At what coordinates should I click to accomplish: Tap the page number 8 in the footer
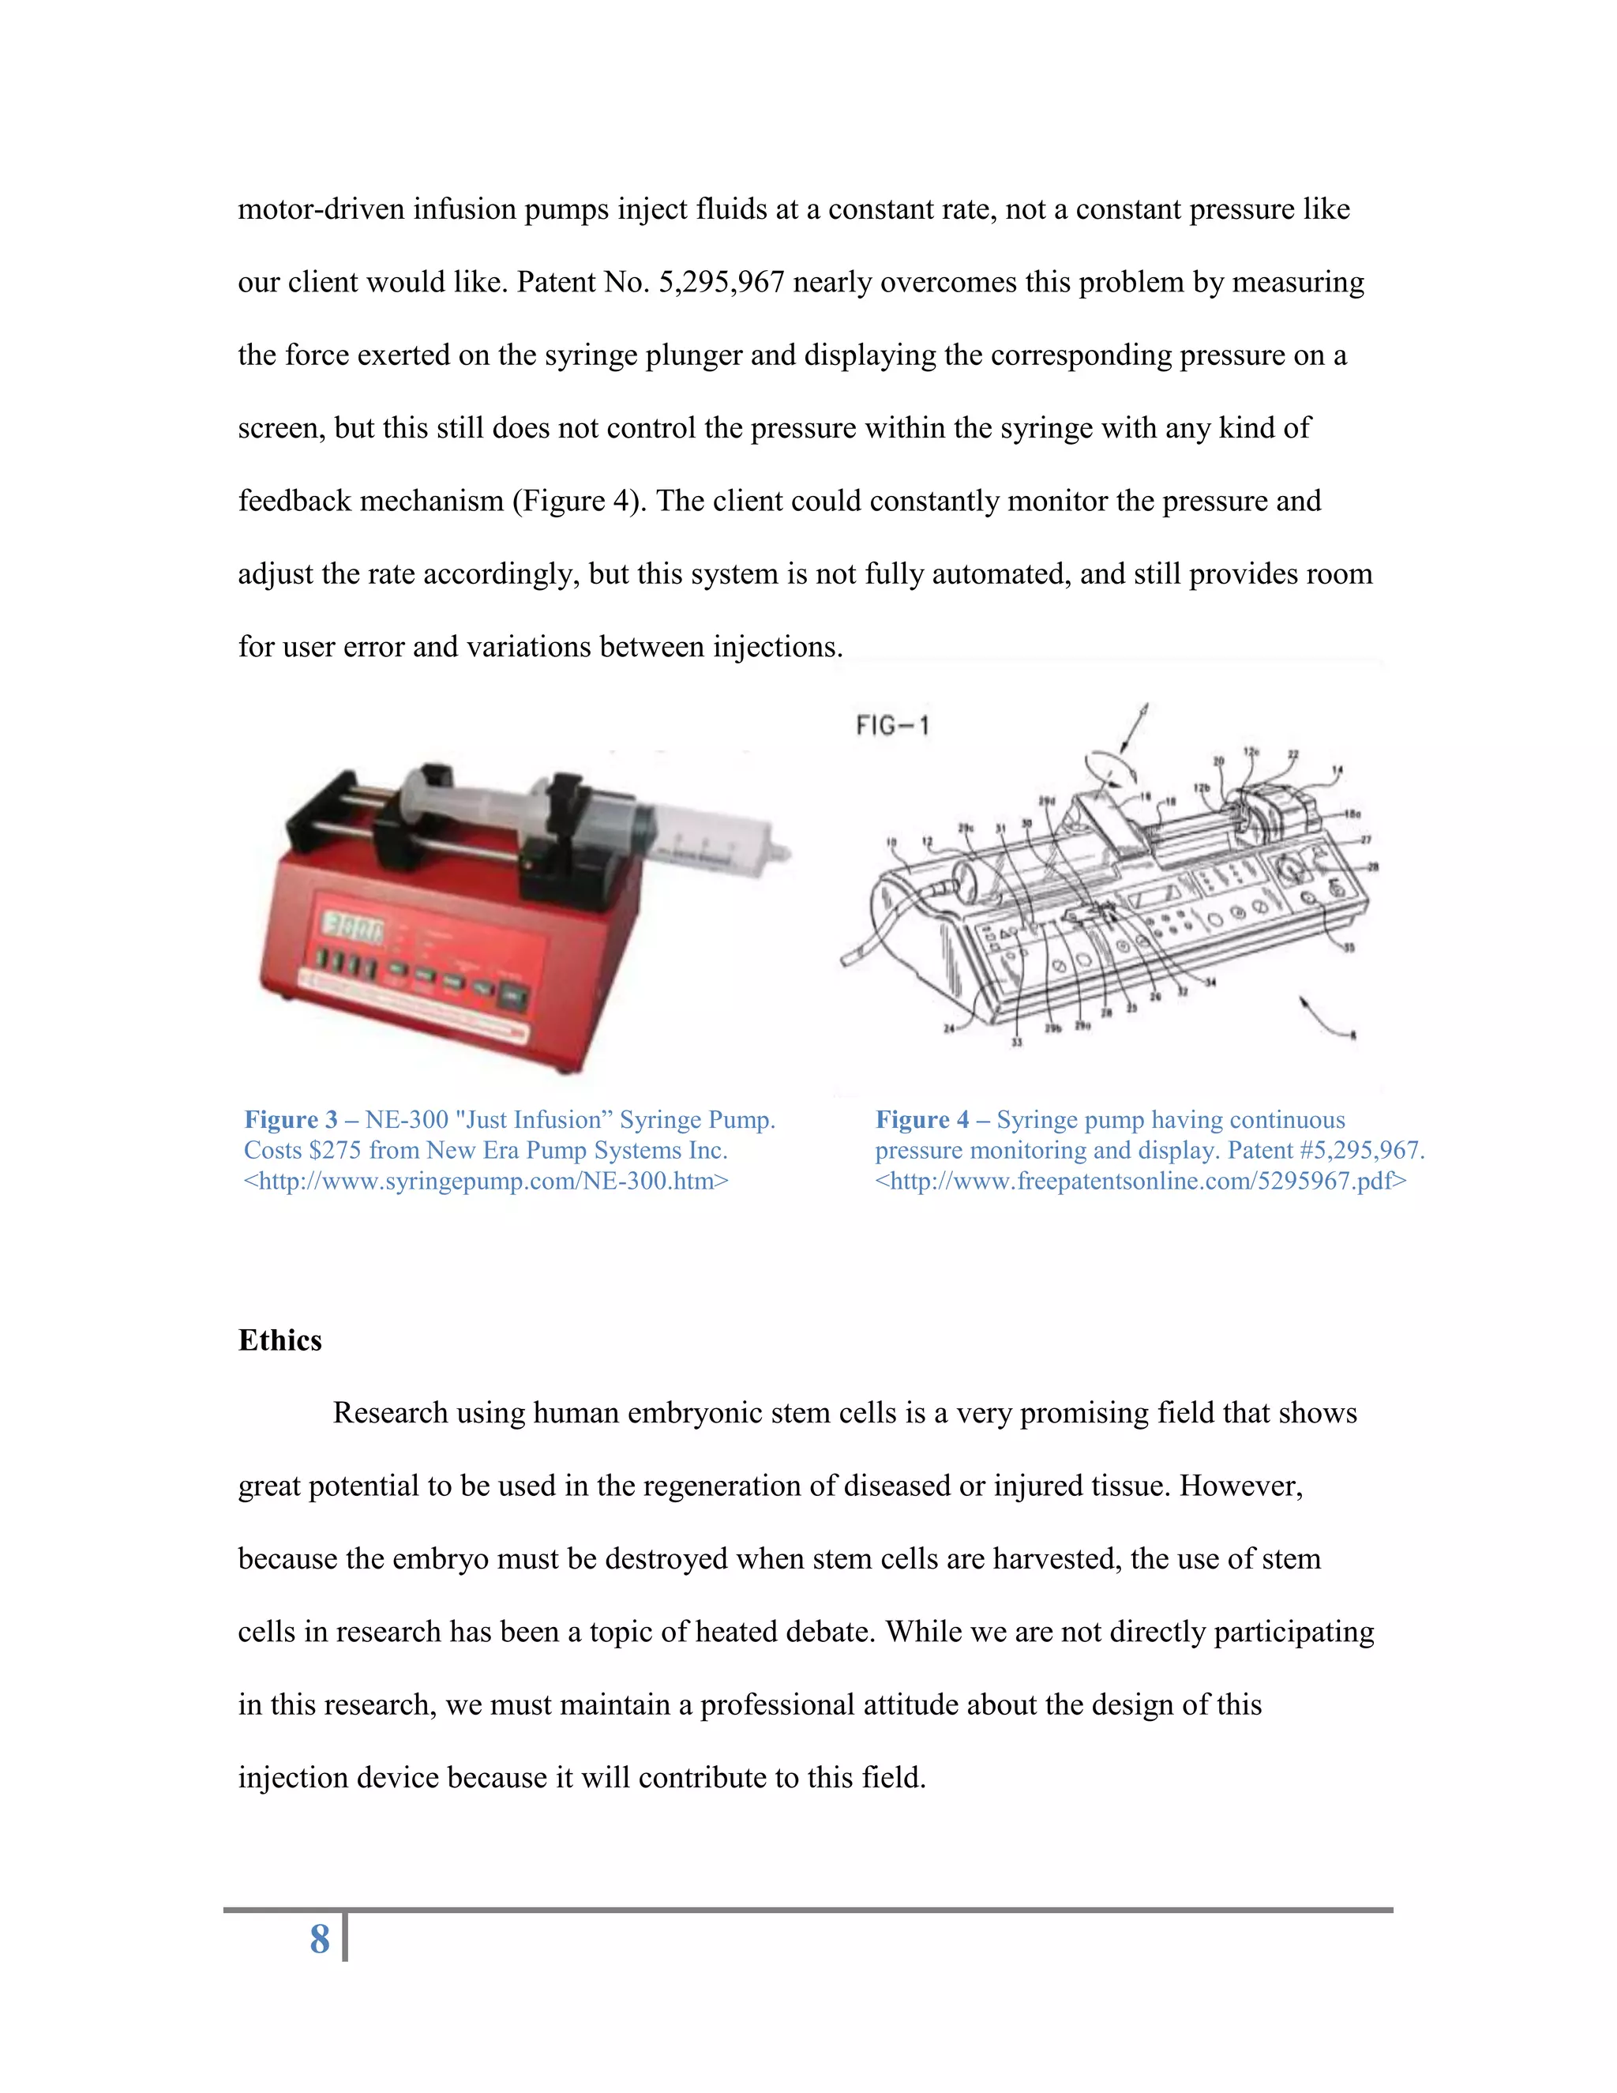click(x=319, y=1939)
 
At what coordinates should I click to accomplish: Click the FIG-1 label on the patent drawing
click(x=892, y=726)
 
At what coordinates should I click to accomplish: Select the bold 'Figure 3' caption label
click(x=291, y=1119)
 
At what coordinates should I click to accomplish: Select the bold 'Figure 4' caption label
click(x=921, y=1119)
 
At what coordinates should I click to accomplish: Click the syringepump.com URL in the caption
click(x=486, y=1181)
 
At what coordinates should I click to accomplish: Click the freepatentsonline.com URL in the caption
click(x=1140, y=1181)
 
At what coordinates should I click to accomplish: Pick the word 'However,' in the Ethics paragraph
click(x=1240, y=1486)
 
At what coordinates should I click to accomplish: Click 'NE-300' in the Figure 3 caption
click(x=406, y=1119)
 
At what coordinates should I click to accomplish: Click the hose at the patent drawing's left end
click(x=867, y=934)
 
